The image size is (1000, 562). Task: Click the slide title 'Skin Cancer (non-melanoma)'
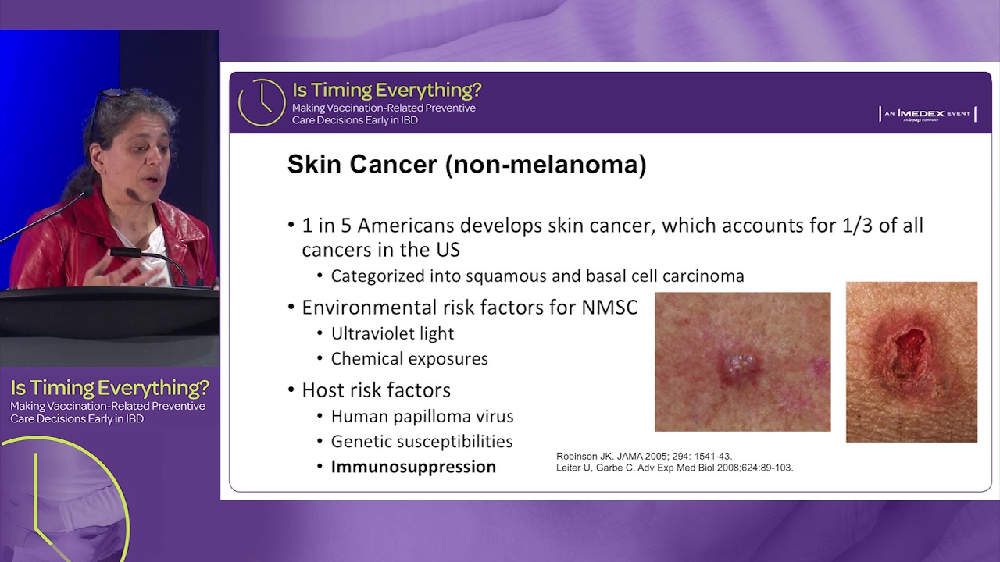(x=466, y=165)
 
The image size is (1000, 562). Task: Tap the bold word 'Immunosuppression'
(x=413, y=467)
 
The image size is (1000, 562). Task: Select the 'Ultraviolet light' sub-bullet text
(x=392, y=333)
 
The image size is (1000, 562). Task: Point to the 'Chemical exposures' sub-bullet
(x=409, y=359)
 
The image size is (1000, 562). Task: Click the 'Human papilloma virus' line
(x=422, y=416)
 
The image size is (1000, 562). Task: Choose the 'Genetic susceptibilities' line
(x=422, y=442)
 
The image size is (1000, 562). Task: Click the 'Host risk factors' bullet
(x=376, y=390)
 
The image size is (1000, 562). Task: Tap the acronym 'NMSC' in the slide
(x=609, y=308)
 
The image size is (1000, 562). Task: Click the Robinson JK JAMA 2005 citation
(x=644, y=456)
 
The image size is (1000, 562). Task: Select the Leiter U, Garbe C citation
(x=674, y=468)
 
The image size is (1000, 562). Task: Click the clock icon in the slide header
(x=261, y=102)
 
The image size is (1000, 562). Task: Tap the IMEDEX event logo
(x=927, y=114)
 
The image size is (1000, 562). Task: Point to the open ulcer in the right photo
(x=911, y=346)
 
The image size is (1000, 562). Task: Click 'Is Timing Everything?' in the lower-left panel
(x=109, y=388)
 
